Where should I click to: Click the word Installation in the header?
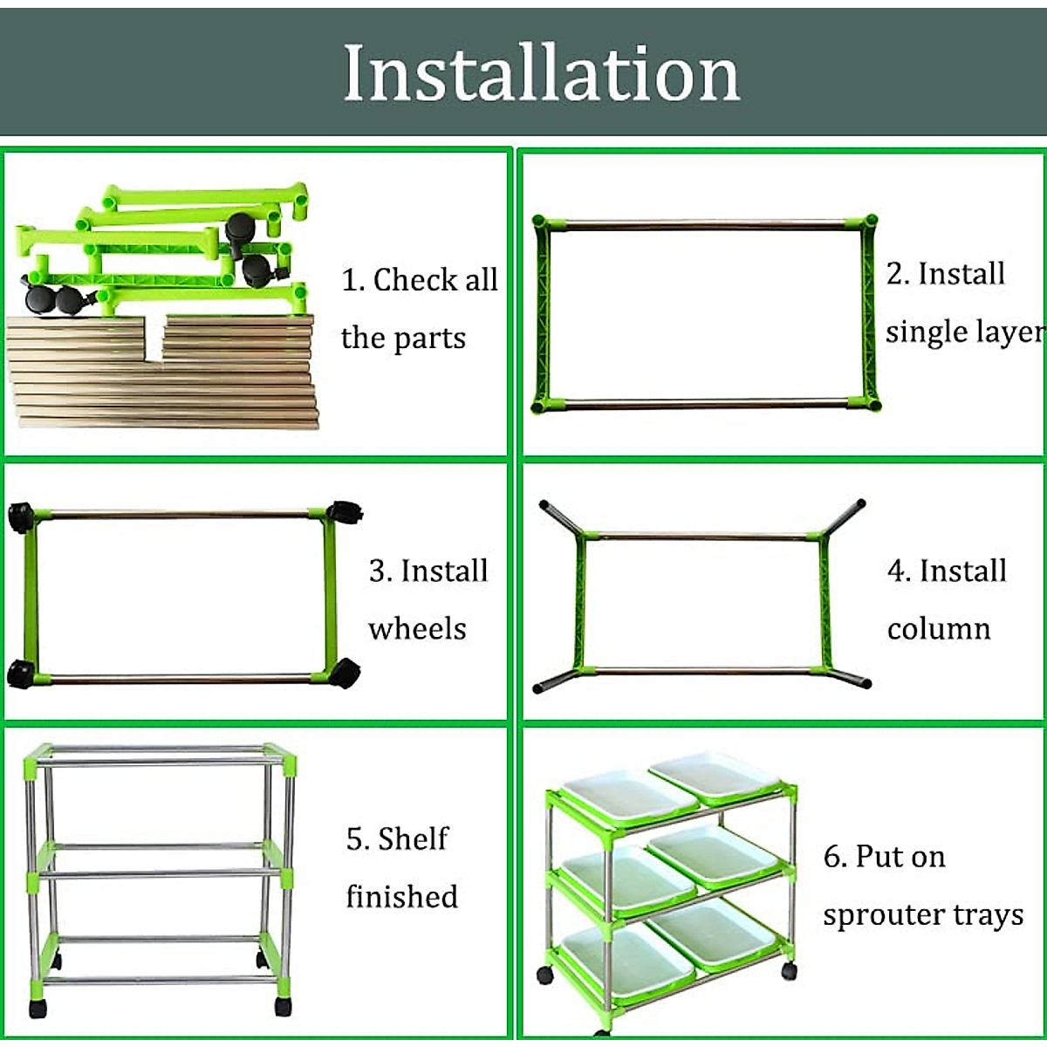541,73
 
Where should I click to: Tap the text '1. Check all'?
419,280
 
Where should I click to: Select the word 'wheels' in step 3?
417,628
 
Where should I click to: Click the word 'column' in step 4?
939,628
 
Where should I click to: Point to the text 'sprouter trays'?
923,914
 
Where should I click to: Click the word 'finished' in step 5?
401,896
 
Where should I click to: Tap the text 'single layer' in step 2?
964,332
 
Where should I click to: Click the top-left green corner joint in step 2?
542,223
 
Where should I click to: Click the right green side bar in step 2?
868,314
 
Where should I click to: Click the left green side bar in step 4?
578,602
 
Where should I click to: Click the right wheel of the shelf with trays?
789,969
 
